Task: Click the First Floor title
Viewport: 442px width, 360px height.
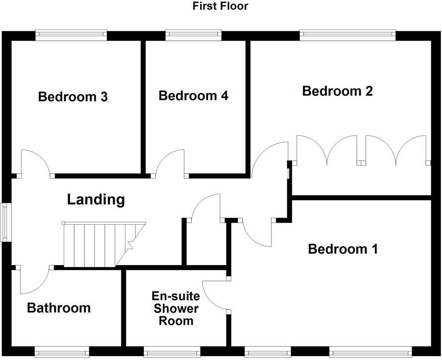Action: pyautogui.click(x=221, y=6)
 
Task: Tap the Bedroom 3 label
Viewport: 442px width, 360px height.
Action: pyautogui.click(x=73, y=96)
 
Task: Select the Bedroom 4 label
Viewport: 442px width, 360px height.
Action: pyautogui.click(x=193, y=95)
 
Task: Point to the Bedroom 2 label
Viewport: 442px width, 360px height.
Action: pyautogui.click(x=337, y=91)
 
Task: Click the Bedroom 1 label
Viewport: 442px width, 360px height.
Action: pyautogui.click(x=343, y=249)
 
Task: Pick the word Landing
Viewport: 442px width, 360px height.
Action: pyautogui.click(x=96, y=200)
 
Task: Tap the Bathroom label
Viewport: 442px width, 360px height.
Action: pyautogui.click(x=59, y=308)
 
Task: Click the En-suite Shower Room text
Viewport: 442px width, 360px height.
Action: pyautogui.click(x=176, y=309)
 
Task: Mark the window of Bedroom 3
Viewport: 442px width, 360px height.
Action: pyautogui.click(x=71, y=35)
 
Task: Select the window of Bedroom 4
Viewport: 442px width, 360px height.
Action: pyautogui.click(x=193, y=35)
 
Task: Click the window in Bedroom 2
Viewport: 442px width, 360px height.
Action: pyautogui.click(x=348, y=35)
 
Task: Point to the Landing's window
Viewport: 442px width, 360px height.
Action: pyautogui.click(x=4, y=222)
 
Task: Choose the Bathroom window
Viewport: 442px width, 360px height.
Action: pyautogui.click(x=62, y=352)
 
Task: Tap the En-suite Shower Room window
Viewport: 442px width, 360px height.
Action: pyautogui.click(x=172, y=352)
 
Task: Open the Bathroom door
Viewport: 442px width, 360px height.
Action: pyautogui.click(x=34, y=280)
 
